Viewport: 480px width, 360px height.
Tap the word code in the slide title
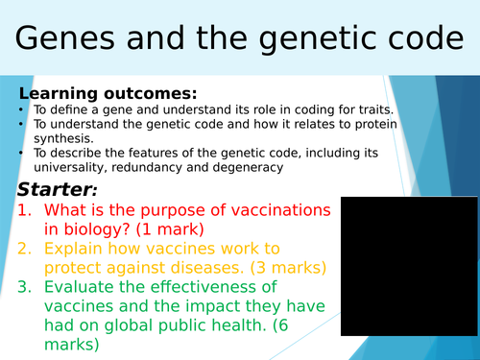(413, 41)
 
